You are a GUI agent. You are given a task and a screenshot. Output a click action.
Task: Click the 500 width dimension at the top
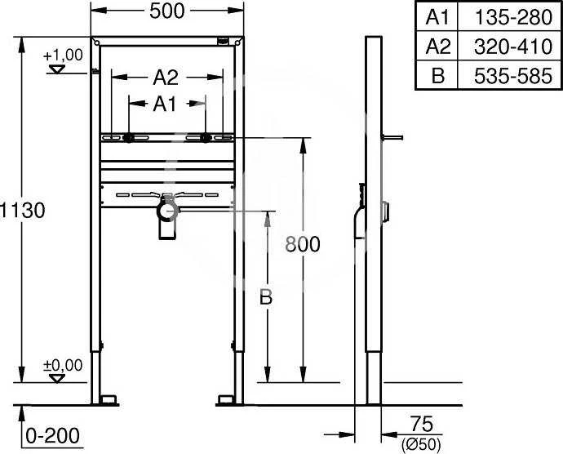167,11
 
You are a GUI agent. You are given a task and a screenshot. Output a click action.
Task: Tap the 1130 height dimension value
22,211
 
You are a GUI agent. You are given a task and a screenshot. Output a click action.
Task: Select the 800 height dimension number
303,244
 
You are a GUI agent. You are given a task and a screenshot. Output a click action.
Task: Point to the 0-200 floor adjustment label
53,436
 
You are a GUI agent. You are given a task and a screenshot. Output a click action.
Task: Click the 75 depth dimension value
422,424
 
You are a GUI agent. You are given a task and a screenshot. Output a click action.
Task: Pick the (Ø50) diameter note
421,445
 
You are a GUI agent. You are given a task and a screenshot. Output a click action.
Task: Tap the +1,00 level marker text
63,56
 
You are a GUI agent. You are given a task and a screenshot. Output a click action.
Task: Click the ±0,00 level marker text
63,365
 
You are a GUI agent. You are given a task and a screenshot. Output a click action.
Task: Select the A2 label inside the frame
166,78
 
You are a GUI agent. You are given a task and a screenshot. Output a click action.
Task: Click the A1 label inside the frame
165,105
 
